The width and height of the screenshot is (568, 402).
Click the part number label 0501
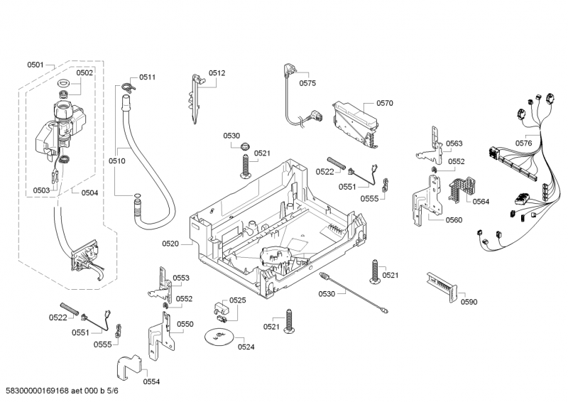point(35,65)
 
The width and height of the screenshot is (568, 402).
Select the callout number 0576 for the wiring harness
point(523,143)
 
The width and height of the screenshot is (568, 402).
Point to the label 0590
point(469,302)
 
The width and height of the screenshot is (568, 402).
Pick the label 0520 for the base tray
point(170,244)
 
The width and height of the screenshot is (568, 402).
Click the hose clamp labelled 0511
point(127,87)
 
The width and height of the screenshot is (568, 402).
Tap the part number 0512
point(217,72)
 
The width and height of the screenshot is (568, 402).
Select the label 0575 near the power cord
point(307,83)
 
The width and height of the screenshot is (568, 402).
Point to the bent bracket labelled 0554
point(129,368)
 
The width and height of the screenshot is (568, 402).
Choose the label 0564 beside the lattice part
point(481,202)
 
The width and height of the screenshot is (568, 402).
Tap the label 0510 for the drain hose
point(117,161)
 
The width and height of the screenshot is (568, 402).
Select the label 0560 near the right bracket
point(454,219)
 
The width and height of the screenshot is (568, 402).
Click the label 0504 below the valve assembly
point(89,192)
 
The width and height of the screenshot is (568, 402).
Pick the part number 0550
point(185,324)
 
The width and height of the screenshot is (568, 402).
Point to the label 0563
point(454,143)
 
